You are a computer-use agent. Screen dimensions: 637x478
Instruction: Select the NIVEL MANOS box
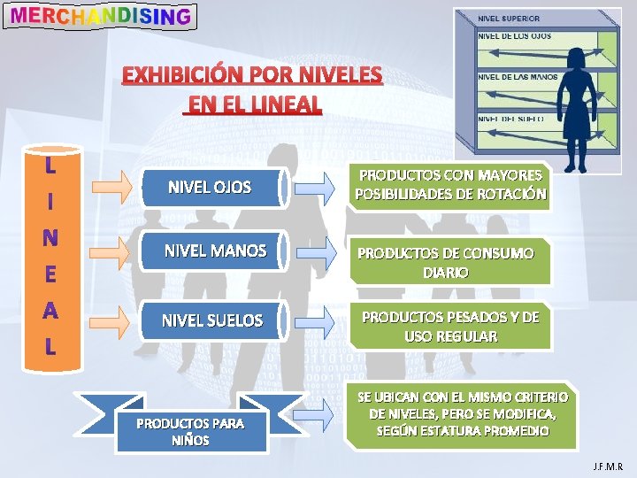[215, 251]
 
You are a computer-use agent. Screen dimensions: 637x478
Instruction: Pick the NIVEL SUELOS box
[213, 320]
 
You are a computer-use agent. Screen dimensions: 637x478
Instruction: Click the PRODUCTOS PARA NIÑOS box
[190, 431]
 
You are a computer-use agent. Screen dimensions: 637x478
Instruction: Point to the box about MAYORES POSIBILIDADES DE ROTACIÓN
[450, 185]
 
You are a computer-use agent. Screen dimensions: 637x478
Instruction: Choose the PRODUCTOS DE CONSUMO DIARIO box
[446, 263]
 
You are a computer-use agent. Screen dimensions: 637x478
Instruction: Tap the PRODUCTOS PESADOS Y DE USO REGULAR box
[450, 327]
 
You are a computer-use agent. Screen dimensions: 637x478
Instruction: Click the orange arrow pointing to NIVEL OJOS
[114, 186]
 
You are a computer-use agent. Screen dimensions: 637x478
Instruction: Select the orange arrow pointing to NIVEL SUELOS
[114, 320]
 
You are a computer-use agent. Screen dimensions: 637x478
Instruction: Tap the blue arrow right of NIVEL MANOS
[315, 251]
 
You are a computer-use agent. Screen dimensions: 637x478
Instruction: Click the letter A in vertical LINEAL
[50, 311]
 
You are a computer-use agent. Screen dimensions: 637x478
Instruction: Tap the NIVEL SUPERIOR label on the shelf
[509, 18]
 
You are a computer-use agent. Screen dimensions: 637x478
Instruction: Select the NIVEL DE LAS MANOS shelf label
[518, 77]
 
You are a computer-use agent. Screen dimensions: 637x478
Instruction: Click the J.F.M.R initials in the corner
[608, 466]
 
